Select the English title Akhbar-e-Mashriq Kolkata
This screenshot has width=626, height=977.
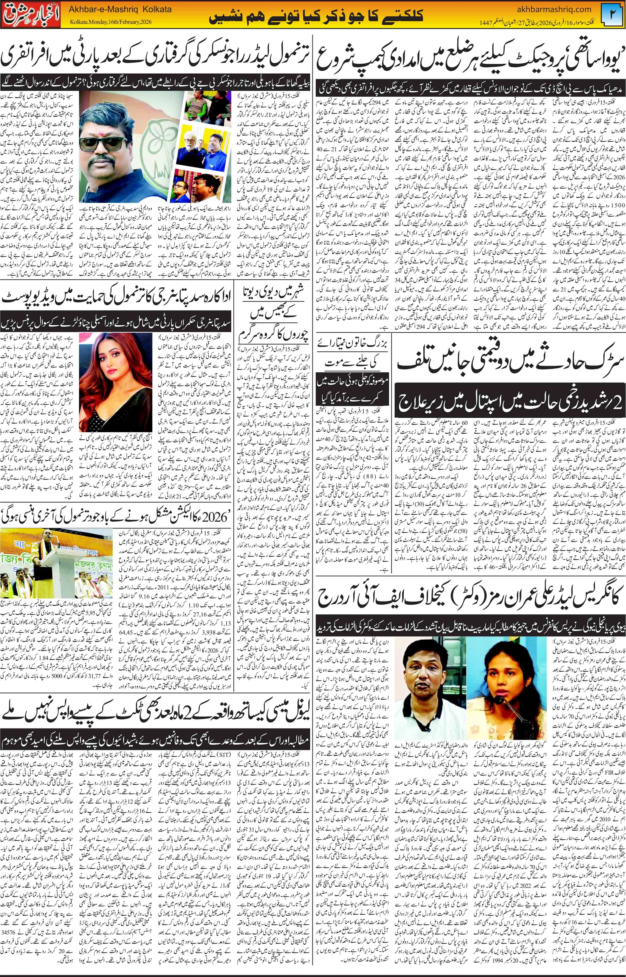click(120, 9)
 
